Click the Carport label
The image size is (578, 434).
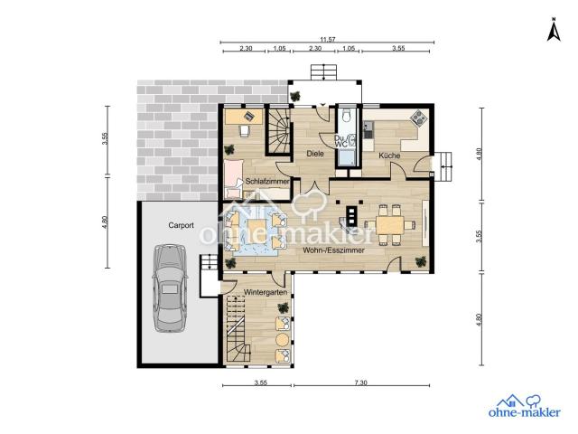(x=181, y=225)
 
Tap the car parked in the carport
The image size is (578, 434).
(x=170, y=288)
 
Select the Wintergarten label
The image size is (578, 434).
(x=266, y=292)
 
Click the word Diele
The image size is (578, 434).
(x=315, y=153)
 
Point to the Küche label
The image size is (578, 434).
(x=389, y=156)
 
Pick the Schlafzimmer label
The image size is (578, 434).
(x=267, y=181)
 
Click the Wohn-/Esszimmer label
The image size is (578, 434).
(x=333, y=250)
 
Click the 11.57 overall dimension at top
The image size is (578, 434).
(x=327, y=39)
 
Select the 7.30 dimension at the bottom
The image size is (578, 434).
(x=361, y=382)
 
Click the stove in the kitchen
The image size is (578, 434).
(x=419, y=118)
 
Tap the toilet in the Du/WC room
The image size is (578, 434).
(x=347, y=115)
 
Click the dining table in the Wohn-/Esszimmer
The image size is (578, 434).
(x=389, y=225)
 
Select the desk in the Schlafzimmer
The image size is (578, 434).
(x=244, y=117)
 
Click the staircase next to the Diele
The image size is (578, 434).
(x=278, y=130)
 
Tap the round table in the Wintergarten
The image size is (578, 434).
(x=283, y=339)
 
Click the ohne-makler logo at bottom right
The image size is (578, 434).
(x=524, y=406)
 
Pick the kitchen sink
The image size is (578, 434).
(x=368, y=129)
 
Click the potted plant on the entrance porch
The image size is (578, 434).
(x=295, y=97)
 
